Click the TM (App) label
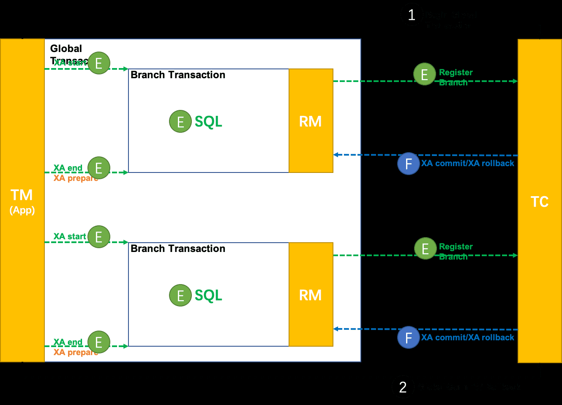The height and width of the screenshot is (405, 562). pyautogui.click(x=22, y=201)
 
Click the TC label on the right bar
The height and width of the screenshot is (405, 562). pyautogui.click(x=540, y=202)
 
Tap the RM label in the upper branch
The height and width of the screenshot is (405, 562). pyautogui.click(x=311, y=121)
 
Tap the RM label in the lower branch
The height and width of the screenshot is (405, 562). pyautogui.click(x=311, y=295)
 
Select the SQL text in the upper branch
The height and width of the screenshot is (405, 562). pyautogui.click(x=208, y=121)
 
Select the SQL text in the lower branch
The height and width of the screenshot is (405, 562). pyautogui.click(x=208, y=295)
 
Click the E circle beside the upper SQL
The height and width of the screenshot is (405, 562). pyautogui.click(x=180, y=121)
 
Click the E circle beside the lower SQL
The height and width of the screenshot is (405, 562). pyautogui.click(x=180, y=295)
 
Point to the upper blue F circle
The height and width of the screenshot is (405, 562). pyautogui.click(x=409, y=164)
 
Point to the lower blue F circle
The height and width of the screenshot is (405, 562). pyautogui.click(x=409, y=337)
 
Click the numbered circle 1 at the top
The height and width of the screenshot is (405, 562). pyautogui.click(x=412, y=15)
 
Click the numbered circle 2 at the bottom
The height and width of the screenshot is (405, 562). pyautogui.click(x=403, y=387)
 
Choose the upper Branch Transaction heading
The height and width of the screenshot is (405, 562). pyautogui.click(x=178, y=75)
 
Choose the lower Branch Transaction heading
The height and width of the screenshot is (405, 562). pyautogui.click(x=178, y=249)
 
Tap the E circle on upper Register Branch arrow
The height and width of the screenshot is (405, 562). pyautogui.click(x=425, y=74)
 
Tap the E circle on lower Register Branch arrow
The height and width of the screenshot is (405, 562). pyautogui.click(x=426, y=249)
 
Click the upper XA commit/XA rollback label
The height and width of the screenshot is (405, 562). pyautogui.click(x=468, y=164)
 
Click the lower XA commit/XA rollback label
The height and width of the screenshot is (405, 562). pyautogui.click(x=468, y=337)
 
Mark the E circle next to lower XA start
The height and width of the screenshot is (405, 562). pyautogui.click(x=99, y=237)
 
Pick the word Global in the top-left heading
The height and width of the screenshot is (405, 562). pyautogui.click(x=66, y=49)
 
